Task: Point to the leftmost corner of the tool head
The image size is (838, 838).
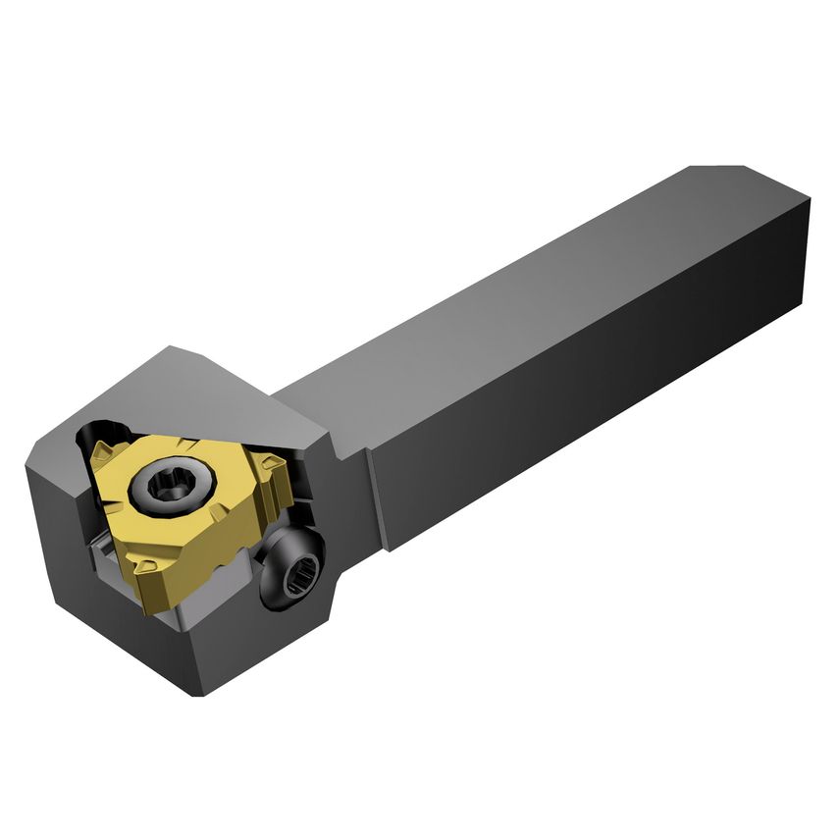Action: pyautogui.click(x=26, y=469)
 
